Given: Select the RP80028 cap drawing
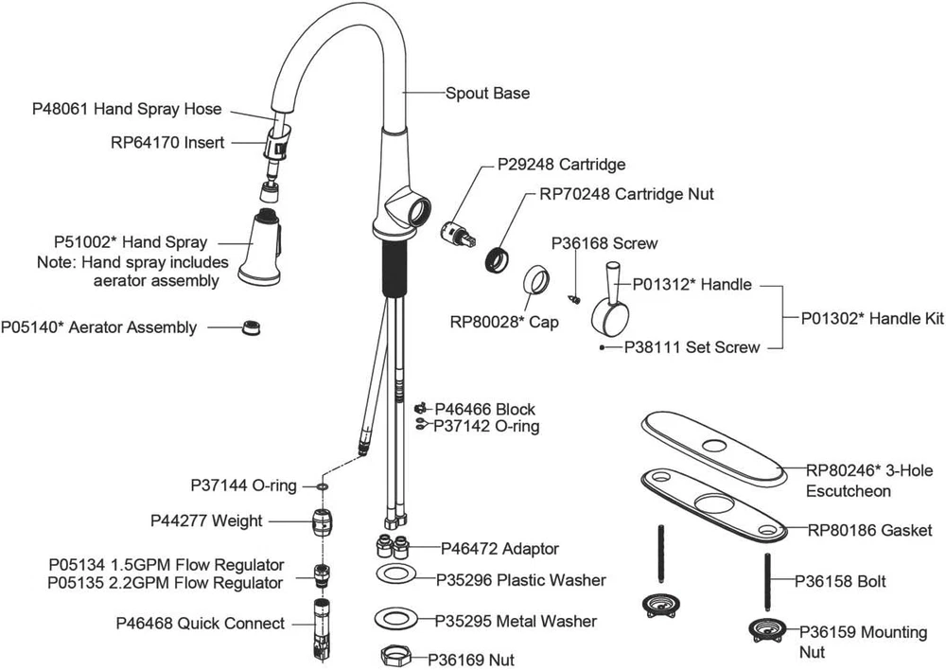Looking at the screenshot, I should (x=539, y=282).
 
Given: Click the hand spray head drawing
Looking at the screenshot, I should (x=262, y=248).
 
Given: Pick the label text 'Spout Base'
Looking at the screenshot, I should (x=487, y=94).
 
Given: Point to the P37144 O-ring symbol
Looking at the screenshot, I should (x=322, y=486).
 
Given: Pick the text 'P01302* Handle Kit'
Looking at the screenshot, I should (x=872, y=319).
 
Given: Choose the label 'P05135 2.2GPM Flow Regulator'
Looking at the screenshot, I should (x=165, y=582).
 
